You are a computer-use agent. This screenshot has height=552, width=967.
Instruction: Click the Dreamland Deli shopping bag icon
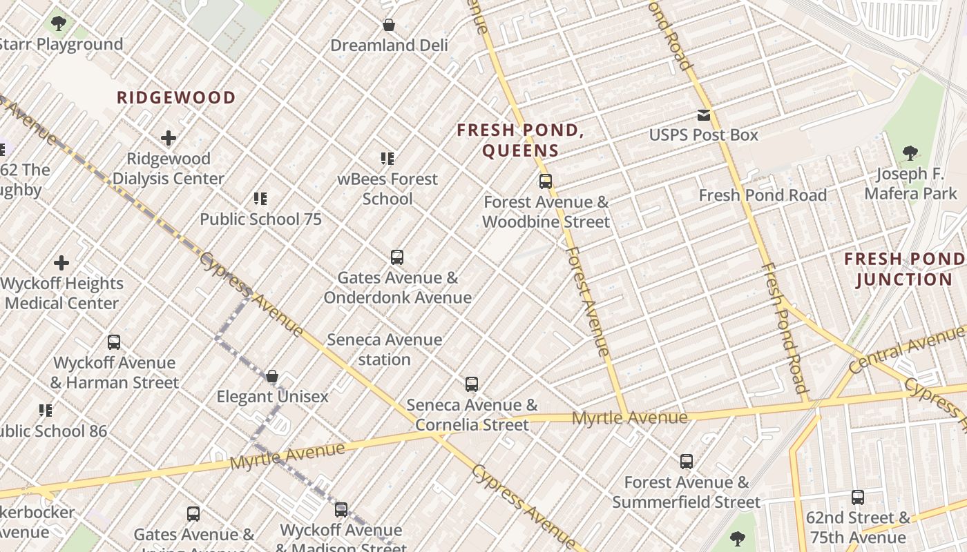(x=389, y=26)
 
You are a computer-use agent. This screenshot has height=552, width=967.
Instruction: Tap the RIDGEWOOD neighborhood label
(x=176, y=97)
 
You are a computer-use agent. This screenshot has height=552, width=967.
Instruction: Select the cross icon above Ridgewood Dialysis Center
(x=169, y=139)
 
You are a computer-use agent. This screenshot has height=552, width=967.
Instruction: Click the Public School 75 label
(x=261, y=219)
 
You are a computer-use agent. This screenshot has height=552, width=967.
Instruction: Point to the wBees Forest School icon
(x=387, y=159)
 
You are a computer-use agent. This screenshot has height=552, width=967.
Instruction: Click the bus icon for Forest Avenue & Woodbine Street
(x=546, y=181)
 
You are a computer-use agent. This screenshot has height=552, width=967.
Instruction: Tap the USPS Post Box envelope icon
(x=703, y=115)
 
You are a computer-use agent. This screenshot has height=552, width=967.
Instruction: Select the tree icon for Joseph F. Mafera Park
(x=910, y=153)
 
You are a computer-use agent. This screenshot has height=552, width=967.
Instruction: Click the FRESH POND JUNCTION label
(x=904, y=269)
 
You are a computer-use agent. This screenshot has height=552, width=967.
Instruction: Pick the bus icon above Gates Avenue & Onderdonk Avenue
(x=397, y=257)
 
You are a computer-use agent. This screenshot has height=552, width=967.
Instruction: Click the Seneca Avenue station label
(x=385, y=349)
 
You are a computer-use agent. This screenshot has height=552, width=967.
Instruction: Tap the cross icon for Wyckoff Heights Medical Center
(x=61, y=263)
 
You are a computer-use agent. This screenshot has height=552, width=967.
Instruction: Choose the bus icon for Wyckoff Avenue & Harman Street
(x=114, y=342)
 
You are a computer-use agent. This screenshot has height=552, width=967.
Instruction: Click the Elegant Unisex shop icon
(x=272, y=376)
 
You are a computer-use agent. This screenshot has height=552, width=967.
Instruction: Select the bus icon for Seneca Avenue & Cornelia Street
(x=472, y=384)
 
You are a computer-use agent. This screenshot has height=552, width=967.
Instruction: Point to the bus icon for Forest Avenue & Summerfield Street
(x=687, y=462)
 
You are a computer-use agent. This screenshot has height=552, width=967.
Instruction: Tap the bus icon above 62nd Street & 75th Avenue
(x=858, y=497)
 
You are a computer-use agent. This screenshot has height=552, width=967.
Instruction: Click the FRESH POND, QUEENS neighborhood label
(x=521, y=140)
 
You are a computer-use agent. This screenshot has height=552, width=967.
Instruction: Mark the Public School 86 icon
(x=46, y=411)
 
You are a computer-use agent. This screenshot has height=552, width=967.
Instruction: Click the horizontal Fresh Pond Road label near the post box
(x=763, y=195)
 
